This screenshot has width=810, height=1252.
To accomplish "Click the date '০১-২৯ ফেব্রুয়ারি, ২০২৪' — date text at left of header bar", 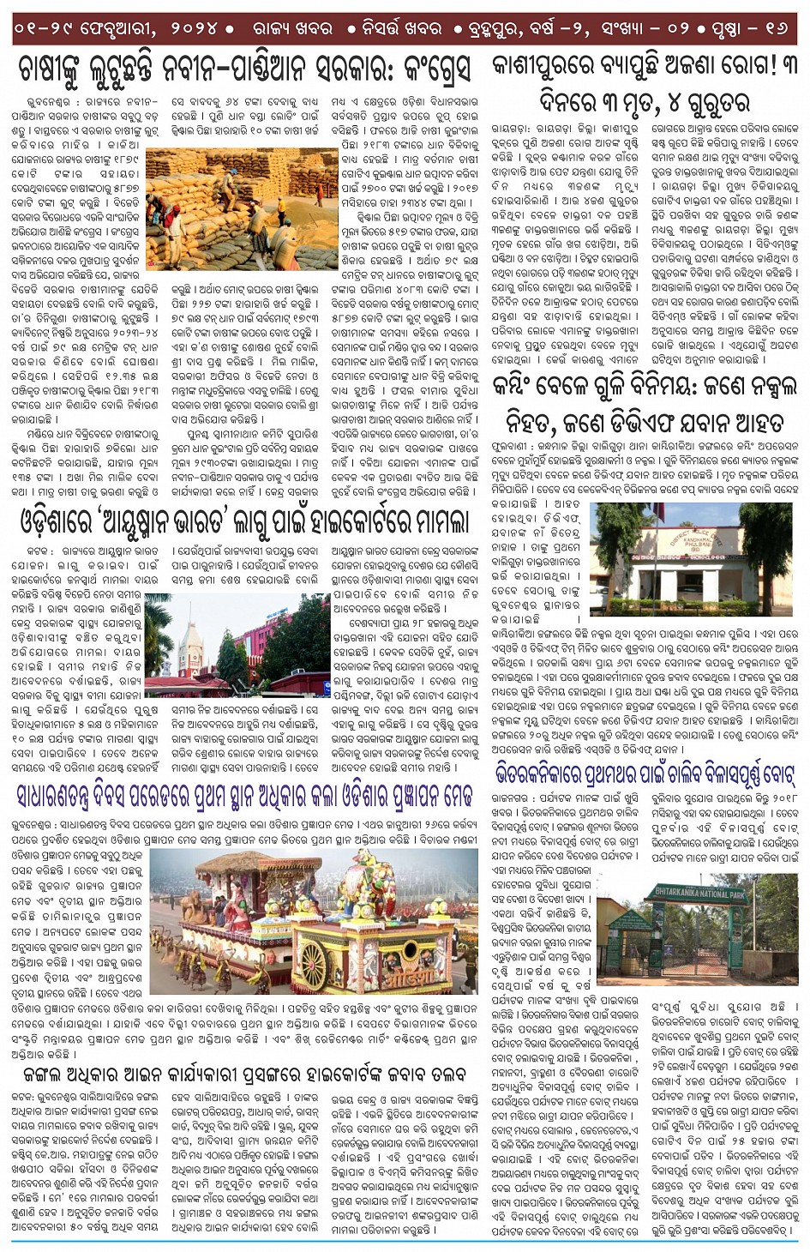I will [x=116, y=27].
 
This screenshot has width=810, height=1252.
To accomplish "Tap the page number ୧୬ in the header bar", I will [x=775, y=27].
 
